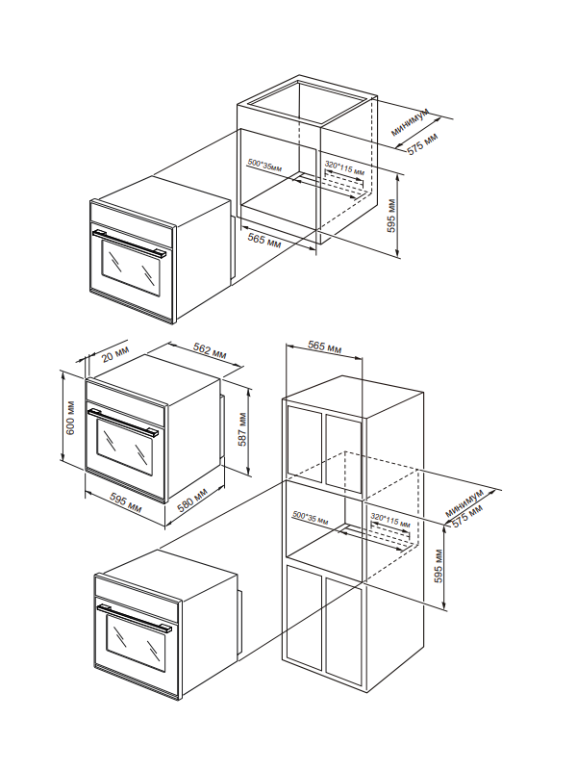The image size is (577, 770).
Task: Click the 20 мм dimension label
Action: (114, 353)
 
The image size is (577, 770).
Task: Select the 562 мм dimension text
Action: (210, 350)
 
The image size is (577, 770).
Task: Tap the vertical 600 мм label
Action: (70, 418)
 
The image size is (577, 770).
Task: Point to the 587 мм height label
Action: (242, 429)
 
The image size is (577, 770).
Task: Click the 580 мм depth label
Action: (193, 500)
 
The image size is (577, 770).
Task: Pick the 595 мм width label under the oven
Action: (126, 503)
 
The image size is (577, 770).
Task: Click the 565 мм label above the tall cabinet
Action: (324, 346)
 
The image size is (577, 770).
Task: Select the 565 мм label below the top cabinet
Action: (263, 240)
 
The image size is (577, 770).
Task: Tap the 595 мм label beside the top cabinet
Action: (391, 216)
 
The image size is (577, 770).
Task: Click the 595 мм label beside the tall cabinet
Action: (439, 566)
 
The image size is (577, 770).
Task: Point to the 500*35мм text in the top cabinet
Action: (264, 165)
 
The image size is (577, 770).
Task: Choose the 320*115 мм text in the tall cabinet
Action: (390, 521)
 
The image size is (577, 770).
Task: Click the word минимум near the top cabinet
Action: (411, 122)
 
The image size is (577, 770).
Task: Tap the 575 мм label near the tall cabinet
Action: (467, 517)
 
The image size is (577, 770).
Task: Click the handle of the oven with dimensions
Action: (123, 422)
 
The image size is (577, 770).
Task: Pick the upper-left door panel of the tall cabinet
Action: (305, 440)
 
